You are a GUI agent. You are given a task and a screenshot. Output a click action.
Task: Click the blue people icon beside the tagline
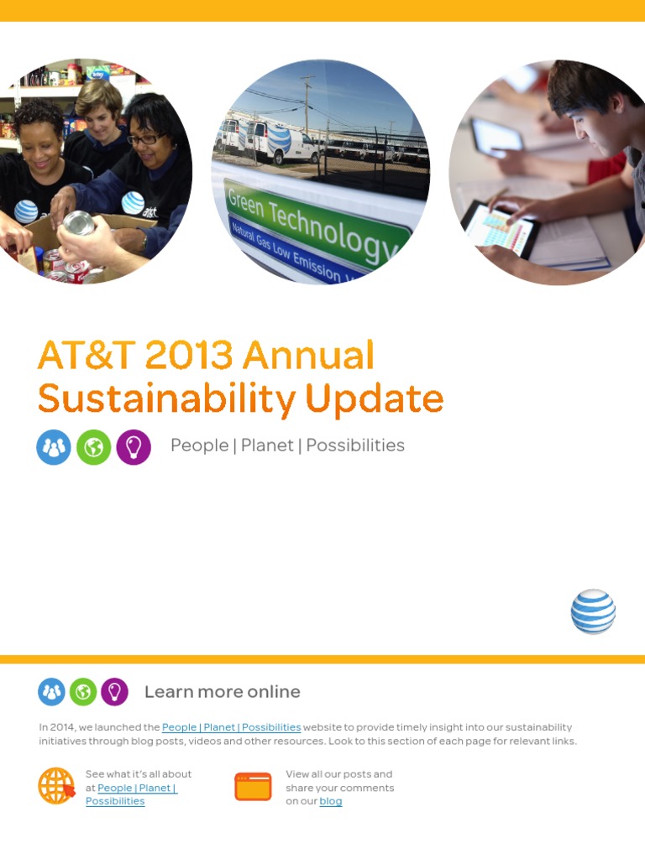point(54,447)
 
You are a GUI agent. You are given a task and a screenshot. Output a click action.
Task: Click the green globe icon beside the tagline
point(93,447)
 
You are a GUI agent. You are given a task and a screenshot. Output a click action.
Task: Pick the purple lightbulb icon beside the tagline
point(134,447)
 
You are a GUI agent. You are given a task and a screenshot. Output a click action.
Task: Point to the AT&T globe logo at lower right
point(593,612)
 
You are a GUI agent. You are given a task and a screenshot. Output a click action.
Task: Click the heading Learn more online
point(222,692)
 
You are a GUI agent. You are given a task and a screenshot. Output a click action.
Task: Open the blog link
point(330,801)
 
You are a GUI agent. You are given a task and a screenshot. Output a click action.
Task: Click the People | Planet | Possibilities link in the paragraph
point(231,727)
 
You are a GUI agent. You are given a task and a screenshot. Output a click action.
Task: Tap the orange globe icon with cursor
point(56,787)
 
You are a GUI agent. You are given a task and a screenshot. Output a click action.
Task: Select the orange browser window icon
point(253,787)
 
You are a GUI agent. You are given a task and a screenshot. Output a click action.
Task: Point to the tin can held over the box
point(80,223)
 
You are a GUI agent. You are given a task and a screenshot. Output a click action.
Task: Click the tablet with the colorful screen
point(500,228)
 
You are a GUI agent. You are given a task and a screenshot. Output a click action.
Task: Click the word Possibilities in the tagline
point(355,445)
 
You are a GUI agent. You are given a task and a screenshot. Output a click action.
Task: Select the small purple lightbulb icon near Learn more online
point(114,692)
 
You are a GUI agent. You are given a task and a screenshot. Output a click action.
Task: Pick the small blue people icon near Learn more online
point(51,692)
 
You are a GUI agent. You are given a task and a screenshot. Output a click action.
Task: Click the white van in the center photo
point(282,142)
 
